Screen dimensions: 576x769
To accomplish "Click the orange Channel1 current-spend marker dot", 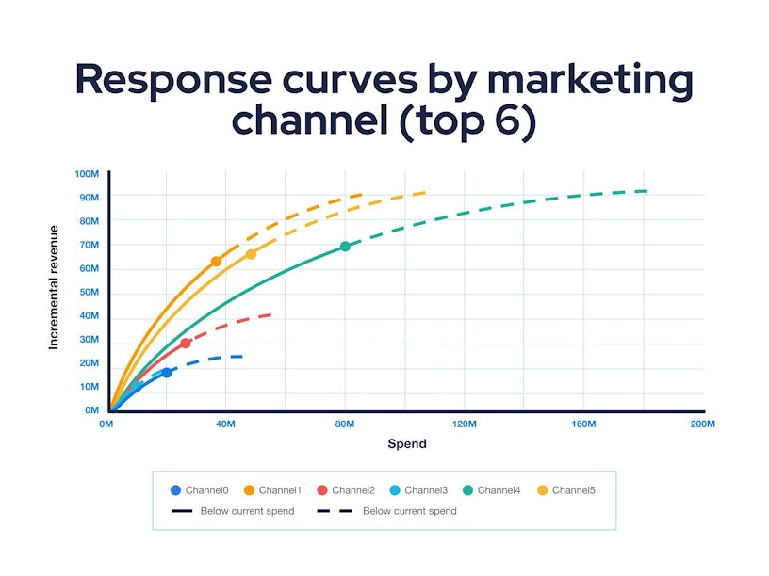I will pos(216,262).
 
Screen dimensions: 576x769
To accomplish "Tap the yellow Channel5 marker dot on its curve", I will pos(251,254).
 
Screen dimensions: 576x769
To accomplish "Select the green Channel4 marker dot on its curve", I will pos(345,247).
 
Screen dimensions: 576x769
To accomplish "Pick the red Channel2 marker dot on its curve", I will pos(186,344).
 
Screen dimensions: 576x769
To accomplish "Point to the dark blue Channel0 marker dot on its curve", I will pos(167,373).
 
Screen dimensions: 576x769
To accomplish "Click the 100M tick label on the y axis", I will pos(87,174).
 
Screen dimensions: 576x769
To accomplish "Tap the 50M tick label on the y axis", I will pos(89,293).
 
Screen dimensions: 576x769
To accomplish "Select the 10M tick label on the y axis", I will pos(89,387).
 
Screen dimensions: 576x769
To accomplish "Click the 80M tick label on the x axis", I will pos(345,425).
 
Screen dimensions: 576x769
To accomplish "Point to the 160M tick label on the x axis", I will pos(583,425).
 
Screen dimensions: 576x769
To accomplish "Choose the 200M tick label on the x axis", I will pos(703,425).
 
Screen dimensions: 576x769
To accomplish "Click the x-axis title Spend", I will pos(407,444).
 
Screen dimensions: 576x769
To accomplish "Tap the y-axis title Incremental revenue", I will pos(54,287).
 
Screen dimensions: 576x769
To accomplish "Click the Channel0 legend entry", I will pos(199,490).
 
